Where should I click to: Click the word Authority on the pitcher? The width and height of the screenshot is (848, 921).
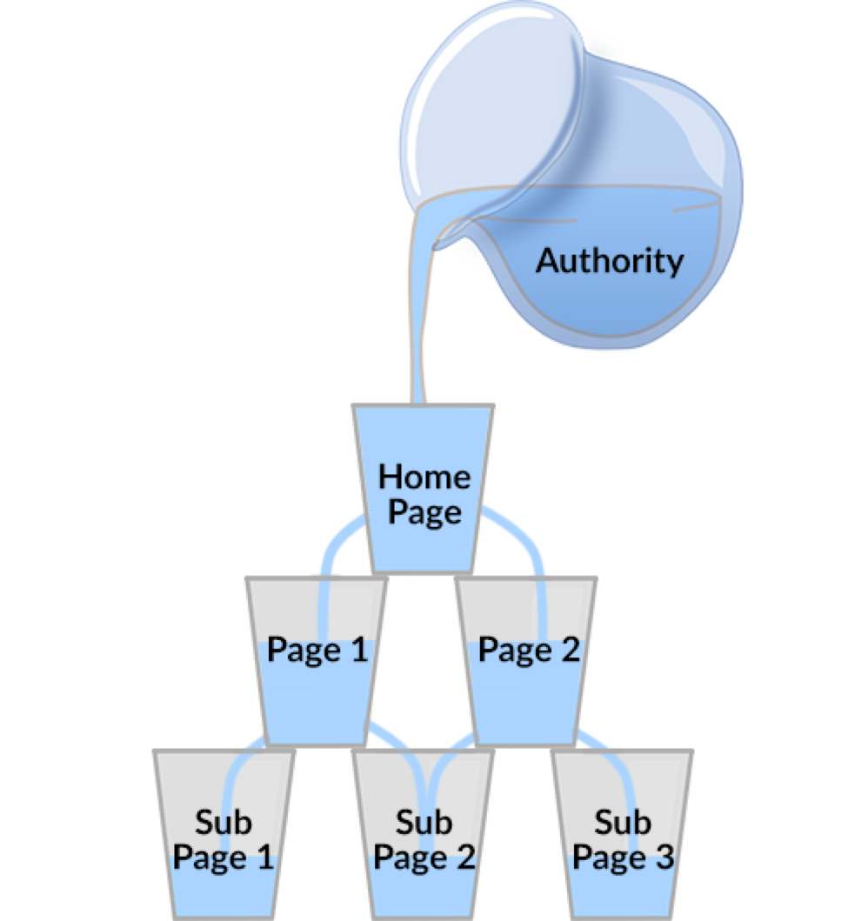click(x=610, y=261)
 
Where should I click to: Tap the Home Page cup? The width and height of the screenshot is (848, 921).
click(x=423, y=488)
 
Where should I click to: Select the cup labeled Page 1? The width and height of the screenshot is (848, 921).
click(x=317, y=661)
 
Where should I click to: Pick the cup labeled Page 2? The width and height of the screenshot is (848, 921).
click(x=527, y=661)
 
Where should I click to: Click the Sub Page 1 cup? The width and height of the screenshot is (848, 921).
click(x=224, y=834)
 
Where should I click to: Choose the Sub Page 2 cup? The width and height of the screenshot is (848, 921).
click(x=423, y=834)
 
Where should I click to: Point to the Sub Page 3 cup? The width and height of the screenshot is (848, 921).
click(x=622, y=834)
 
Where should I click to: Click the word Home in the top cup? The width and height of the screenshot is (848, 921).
click(x=424, y=477)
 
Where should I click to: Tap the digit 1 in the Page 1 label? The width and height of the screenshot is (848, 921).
click(x=359, y=649)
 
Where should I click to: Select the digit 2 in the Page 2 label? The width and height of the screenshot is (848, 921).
click(x=569, y=649)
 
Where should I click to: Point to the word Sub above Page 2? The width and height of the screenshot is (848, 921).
click(x=424, y=823)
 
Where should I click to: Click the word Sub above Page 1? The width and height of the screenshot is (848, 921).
click(x=224, y=823)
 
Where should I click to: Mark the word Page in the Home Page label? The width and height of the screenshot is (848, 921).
click(x=424, y=513)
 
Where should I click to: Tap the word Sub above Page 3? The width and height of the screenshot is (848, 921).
click(x=623, y=823)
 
